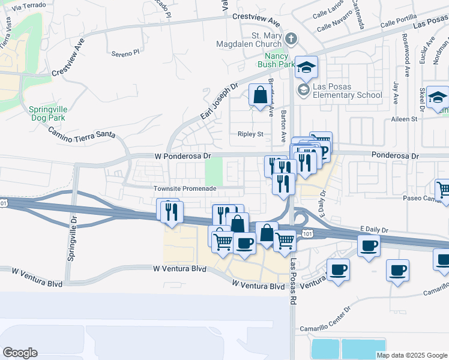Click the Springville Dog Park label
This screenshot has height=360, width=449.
pos(46,113)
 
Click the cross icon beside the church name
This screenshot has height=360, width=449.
pos(291,39)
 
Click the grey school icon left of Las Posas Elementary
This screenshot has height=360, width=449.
pos(303,90)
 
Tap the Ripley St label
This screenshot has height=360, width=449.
pos(250,134)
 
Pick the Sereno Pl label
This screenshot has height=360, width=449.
pos(125,53)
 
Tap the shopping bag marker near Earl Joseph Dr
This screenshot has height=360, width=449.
pos(260,95)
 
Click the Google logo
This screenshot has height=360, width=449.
pos(20,353)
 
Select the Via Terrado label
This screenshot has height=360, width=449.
pos(25,7)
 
